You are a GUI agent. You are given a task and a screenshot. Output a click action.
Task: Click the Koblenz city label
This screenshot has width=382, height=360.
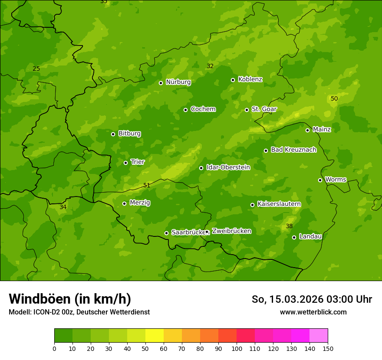coord(250,79)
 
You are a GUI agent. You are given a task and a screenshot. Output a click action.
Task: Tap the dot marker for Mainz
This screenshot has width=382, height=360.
coord(307,130)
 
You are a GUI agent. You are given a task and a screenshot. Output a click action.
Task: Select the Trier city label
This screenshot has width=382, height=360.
coord(138,162)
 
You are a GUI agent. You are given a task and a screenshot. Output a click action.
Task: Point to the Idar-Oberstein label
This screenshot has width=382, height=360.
coord(228,167)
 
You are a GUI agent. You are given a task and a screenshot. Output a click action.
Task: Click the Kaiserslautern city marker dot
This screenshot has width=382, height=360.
coord(252,205)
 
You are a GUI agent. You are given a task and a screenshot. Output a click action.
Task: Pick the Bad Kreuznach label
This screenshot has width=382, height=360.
coord(293,150)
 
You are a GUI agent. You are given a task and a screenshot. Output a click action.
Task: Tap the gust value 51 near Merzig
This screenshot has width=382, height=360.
coord(147,186)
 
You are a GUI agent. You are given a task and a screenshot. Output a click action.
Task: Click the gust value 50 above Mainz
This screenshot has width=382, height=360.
coord(334,99)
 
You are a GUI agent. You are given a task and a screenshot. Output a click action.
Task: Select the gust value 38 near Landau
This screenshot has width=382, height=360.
coord(289,226)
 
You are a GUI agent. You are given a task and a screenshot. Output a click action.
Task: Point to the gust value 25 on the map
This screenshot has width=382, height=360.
coord(36,69)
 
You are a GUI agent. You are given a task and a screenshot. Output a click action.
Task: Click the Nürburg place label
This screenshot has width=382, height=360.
coord(178,82)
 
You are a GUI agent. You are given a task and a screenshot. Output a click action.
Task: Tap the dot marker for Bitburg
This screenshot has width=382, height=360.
coord(113,134)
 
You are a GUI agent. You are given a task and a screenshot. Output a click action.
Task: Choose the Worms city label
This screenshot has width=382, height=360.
coord(336,180)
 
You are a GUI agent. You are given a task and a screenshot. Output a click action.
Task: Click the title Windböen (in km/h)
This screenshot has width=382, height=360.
coord(70,299)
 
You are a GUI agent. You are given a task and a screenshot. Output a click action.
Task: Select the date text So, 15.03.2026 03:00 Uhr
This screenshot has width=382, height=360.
coord(312,299)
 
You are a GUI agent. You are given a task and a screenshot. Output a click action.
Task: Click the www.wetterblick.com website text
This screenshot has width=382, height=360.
coord(313,312)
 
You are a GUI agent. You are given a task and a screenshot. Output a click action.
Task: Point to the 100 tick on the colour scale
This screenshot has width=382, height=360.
coord(237,348)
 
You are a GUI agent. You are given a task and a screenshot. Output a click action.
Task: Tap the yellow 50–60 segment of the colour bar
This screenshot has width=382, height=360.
coord(155,336)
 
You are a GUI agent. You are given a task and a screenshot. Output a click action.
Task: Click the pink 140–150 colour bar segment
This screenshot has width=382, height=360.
coord(319,336)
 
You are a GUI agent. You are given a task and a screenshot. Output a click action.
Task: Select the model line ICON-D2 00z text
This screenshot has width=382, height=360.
coord(79,312)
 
